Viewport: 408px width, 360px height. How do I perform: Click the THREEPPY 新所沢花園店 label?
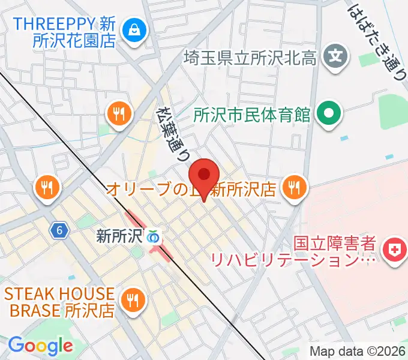65,33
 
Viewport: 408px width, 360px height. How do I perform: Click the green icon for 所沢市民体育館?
328,113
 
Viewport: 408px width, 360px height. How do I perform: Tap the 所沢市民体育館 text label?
253,113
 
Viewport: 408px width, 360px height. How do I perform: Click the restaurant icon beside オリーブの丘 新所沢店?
293,188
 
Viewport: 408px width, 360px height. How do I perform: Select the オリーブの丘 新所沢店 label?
191,190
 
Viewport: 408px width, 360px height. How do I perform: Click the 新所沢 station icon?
154,236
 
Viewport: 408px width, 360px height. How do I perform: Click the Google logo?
40,346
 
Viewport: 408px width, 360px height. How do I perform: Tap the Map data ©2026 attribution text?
357,352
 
